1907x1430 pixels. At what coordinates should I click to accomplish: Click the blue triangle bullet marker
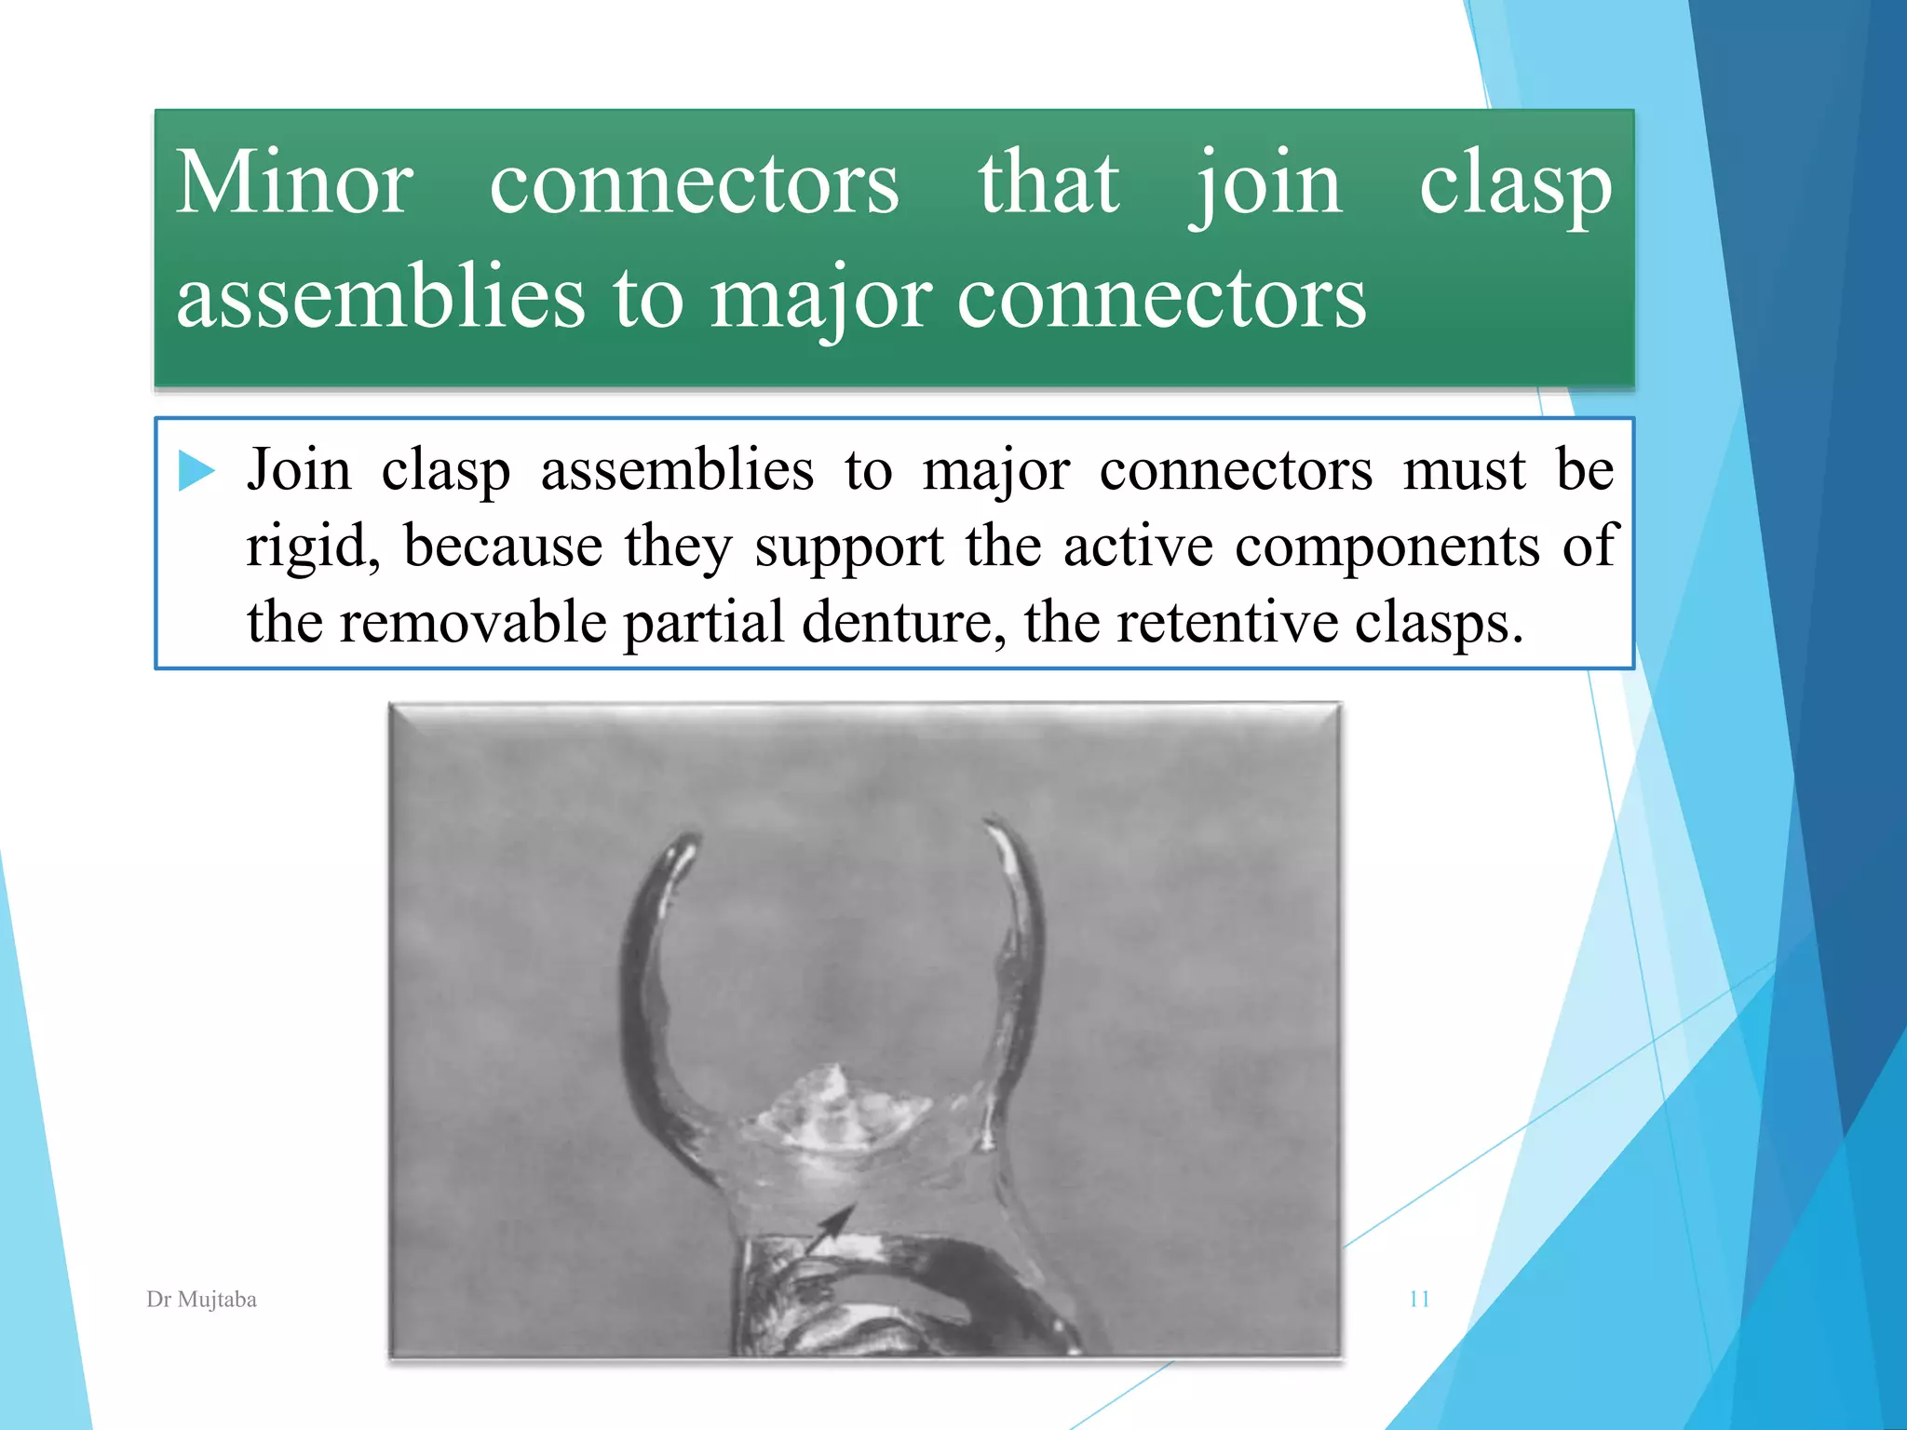196,470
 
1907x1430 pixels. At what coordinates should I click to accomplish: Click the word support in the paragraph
849,546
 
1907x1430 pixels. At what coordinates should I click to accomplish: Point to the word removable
472,622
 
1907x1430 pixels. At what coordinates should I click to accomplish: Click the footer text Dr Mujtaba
201,1300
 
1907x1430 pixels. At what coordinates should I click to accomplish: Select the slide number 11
1419,1300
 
